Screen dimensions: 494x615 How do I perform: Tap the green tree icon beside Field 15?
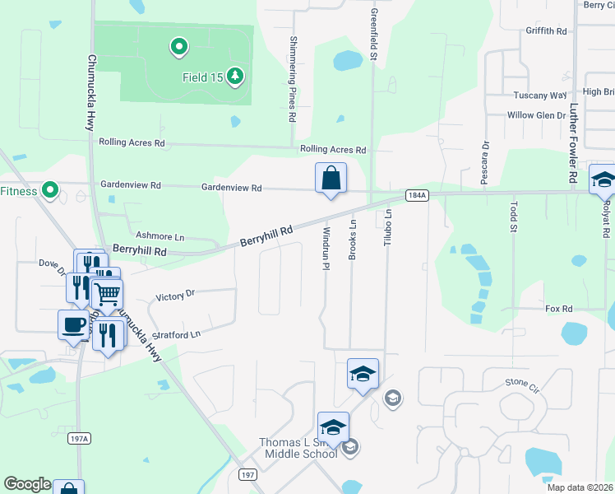point(236,77)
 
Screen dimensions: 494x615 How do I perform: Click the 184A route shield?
point(417,196)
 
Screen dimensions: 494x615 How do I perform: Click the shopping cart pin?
point(107,294)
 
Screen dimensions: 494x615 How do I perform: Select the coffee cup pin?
point(73,324)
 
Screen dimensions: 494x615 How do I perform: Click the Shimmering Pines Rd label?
point(292,79)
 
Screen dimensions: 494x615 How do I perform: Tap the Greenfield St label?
point(373,33)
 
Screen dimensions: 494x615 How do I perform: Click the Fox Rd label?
point(558,309)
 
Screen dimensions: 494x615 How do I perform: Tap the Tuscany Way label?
point(540,96)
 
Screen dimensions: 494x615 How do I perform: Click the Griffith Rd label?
point(547,30)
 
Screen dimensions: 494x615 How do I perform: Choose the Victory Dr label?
point(175,293)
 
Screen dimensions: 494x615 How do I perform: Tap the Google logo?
point(27,484)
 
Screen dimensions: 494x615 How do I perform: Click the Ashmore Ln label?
point(160,235)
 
